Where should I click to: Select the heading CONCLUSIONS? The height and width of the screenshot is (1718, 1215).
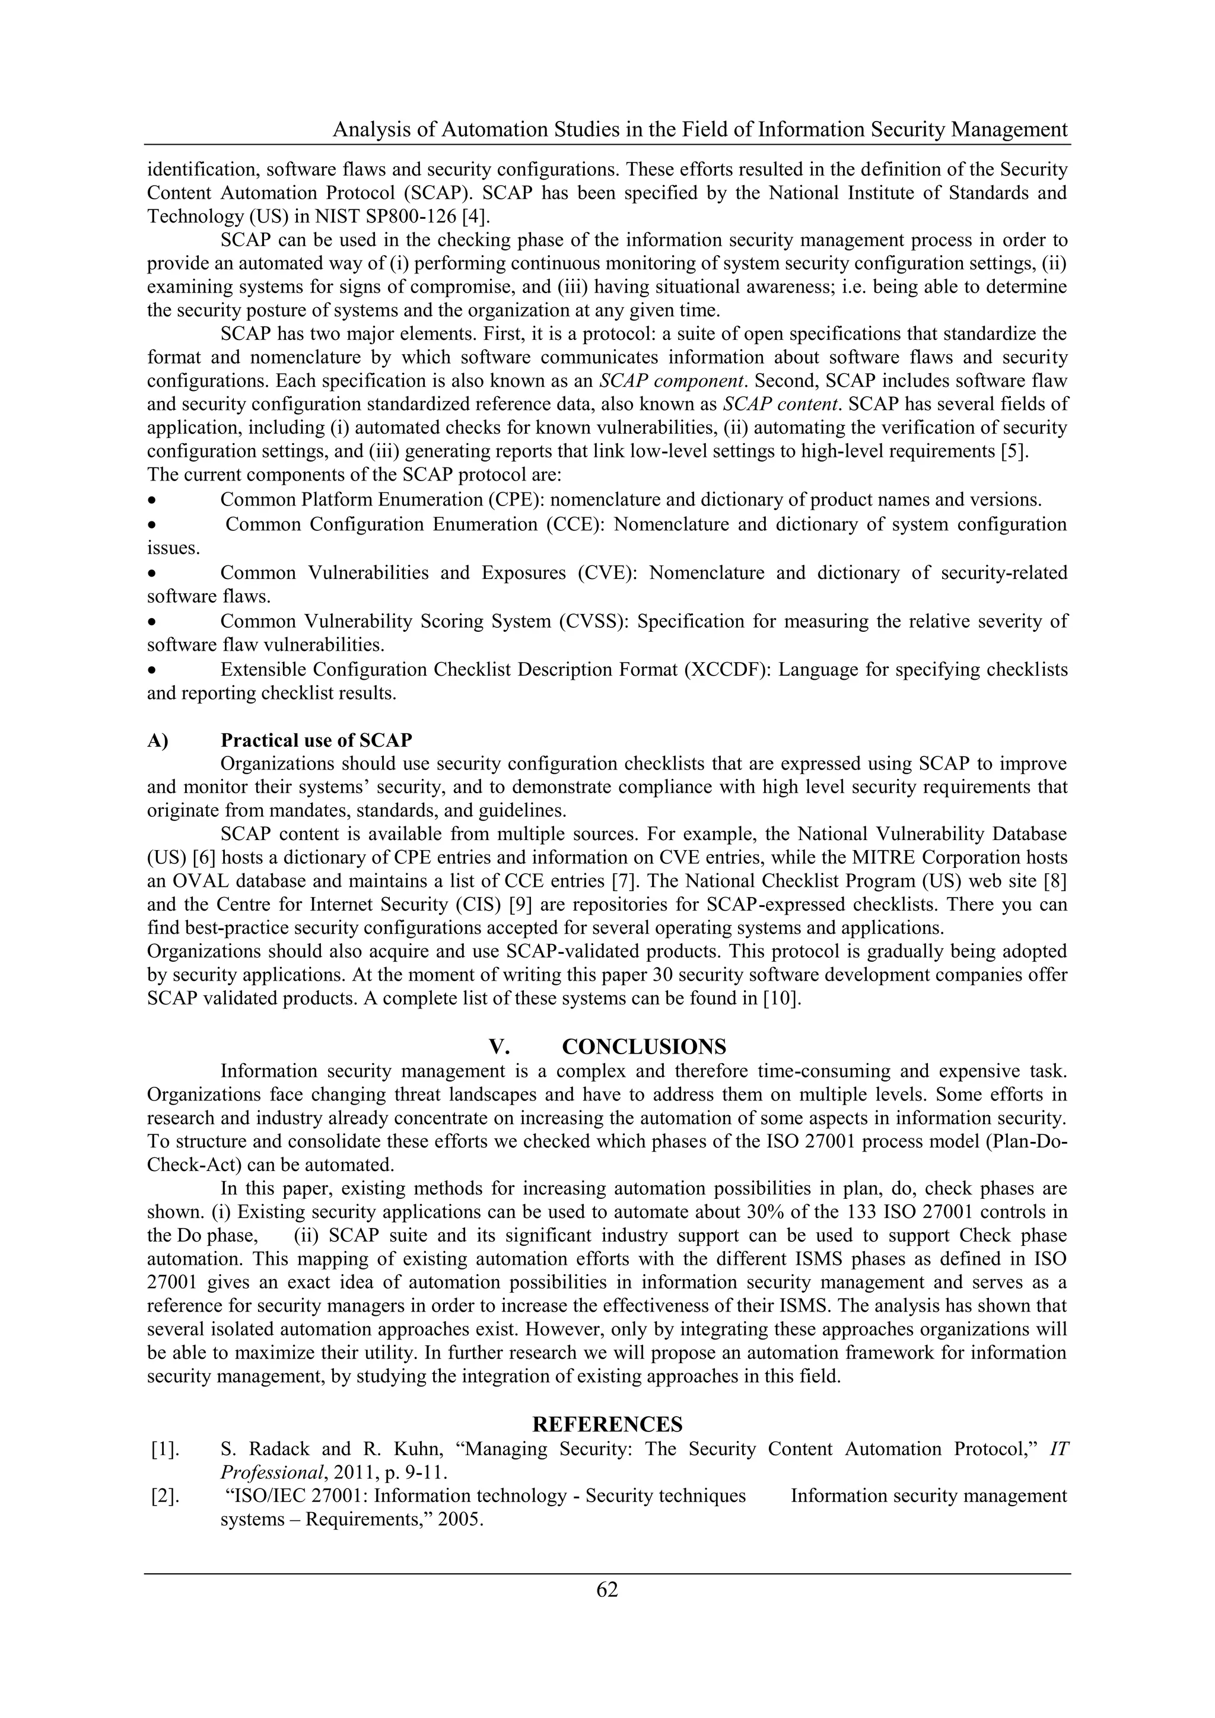pyautogui.click(x=644, y=1046)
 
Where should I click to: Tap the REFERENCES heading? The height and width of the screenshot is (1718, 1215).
pyautogui.click(x=607, y=1424)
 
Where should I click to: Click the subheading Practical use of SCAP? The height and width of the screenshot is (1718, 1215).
pyautogui.click(x=316, y=740)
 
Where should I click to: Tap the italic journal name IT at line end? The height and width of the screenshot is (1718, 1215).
pyautogui.click(x=1058, y=1449)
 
